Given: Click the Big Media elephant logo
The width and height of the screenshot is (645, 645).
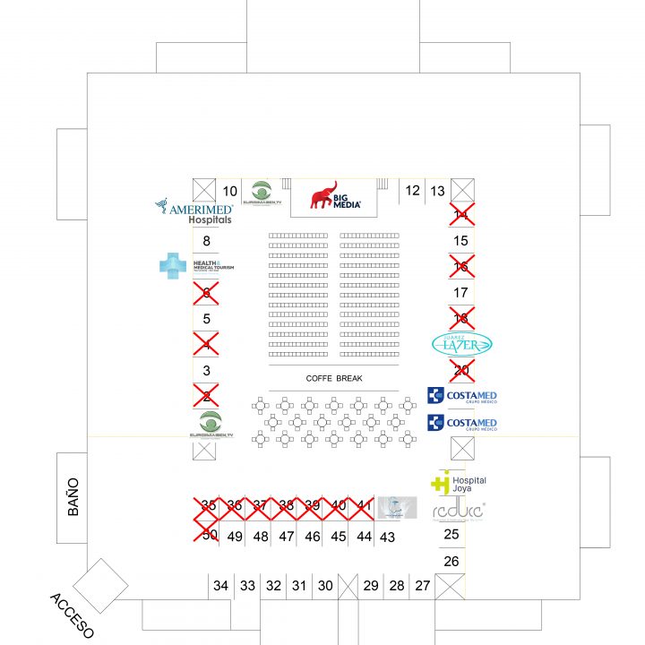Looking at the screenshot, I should [x=336, y=196].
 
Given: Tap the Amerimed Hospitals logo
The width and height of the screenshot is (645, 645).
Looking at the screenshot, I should [x=194, y=211].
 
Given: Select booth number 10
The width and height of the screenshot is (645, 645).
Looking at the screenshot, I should [x=230, y=191].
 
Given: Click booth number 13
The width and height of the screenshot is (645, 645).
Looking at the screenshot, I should [x=437, y=191].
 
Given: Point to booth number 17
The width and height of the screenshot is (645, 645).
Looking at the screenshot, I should [x=461, y=292].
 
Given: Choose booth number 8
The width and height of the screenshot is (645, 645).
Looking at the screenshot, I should [x=206, y=241].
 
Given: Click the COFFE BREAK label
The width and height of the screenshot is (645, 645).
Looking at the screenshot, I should [x=334, y=379].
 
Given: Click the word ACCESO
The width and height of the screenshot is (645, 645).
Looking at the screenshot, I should [x=72, y=615].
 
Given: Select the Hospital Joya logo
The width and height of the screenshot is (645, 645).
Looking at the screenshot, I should [x=459, y=483].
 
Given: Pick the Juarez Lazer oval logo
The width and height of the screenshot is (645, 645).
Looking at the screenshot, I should [x=462, y=344].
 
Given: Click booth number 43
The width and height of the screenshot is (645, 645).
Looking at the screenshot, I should [x=387, y=537].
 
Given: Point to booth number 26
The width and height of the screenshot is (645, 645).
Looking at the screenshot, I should [x=451, y=562].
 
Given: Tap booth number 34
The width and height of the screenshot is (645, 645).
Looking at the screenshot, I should [x=220, y=586].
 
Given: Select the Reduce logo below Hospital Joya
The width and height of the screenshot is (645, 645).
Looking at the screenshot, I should [x=458, y=511].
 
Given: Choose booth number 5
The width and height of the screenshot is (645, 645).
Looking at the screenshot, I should [x=206, y=318].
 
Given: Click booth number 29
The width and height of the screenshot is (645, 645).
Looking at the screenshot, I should [x=371, y=586].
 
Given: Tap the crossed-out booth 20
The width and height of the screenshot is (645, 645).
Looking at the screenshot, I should [x=461, y=370].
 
